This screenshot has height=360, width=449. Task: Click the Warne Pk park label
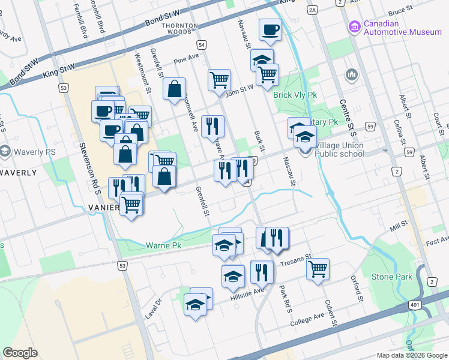pos(163,245)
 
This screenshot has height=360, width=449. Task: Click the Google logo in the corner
pos(20,353)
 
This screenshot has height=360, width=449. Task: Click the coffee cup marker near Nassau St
pos(270,29)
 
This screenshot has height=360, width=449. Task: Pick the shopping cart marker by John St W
pos(220,80)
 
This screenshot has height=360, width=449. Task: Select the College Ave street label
pos(309,318)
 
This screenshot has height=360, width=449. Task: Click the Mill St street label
pos(397,226)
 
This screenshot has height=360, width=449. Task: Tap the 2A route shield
pos(312,10)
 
